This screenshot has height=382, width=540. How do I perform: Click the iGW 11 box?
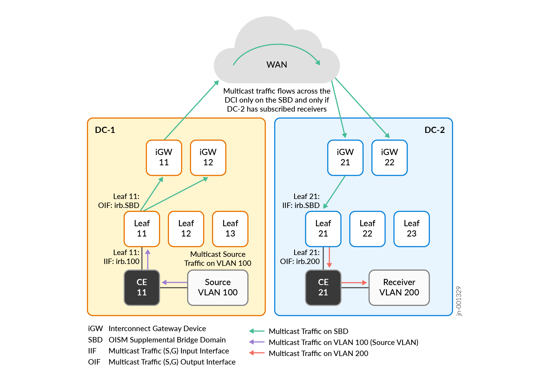point(164,158)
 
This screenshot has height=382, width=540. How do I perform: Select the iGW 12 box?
point(208,158)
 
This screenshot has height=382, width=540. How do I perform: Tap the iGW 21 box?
point(345,158)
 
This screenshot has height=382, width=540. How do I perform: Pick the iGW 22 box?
point(389,158)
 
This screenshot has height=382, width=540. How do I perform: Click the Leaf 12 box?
point(186,229)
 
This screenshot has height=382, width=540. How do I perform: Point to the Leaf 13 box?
point(230,229)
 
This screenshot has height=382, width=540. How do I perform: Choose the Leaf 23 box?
point(411,229)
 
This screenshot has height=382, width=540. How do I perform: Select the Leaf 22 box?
point(367,229)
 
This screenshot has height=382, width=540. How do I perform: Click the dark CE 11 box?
point(142,287)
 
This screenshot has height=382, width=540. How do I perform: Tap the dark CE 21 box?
point(323,287)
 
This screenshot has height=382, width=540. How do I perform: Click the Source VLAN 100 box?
point(218,287)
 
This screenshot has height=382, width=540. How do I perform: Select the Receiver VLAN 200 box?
point(399,287)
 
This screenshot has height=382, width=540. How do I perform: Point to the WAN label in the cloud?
point(277,65)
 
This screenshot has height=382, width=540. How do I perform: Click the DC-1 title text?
point(105,130)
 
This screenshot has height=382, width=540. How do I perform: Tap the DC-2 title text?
point(434,130)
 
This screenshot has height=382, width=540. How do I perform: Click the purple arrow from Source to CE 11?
point(174,283)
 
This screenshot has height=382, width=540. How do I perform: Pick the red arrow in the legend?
point(257,353)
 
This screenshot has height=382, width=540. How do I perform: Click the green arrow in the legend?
point(257,331)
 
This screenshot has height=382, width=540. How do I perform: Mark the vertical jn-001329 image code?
point(458,301)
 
